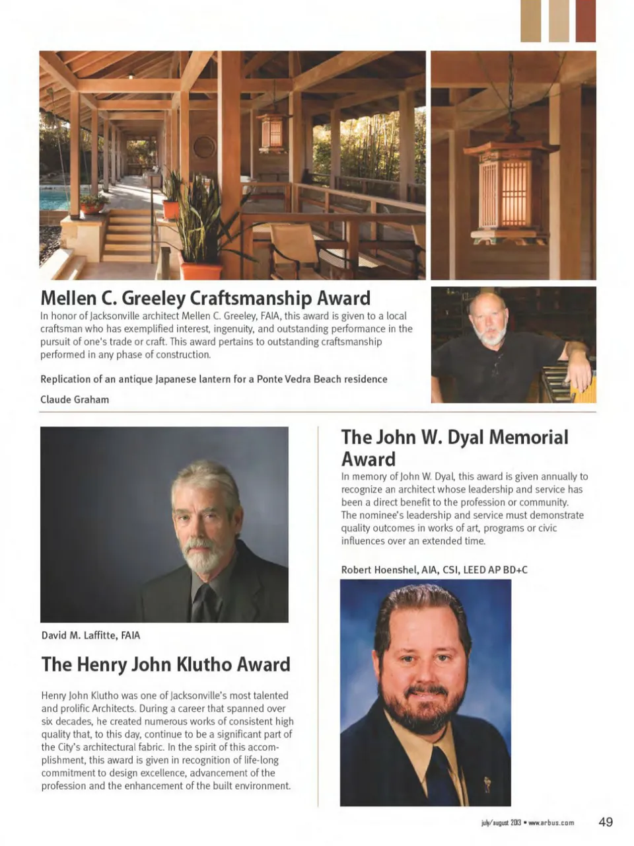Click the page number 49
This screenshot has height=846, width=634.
coord(606,822)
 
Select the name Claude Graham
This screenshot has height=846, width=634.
coord(75,399)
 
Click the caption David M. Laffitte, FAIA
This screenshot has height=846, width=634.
coord(90,635)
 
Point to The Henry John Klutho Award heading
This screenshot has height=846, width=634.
coord(166,664)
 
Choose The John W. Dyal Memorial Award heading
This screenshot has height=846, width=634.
coord(454,447)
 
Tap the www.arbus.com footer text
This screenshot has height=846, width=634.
coord(551,823)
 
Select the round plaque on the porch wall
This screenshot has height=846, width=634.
coord(204,147)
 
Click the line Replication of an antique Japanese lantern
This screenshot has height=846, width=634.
coord(213,379)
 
